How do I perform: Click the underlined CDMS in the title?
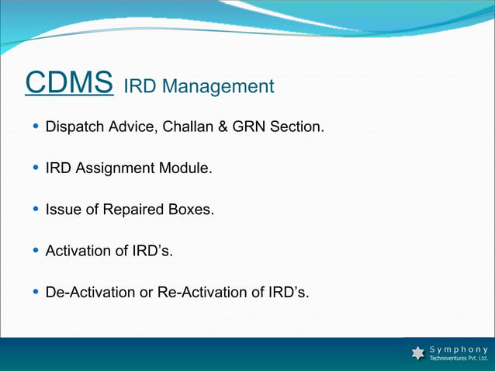(x=70, y=83)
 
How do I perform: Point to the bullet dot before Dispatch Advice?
(x=36, y=126)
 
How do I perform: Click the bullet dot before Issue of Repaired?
(x=36, y=210)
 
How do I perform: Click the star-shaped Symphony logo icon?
(x=418, y=353)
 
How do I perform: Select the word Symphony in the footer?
(x=459, y=348)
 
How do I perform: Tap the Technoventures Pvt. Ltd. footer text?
(x=459, y=359)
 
